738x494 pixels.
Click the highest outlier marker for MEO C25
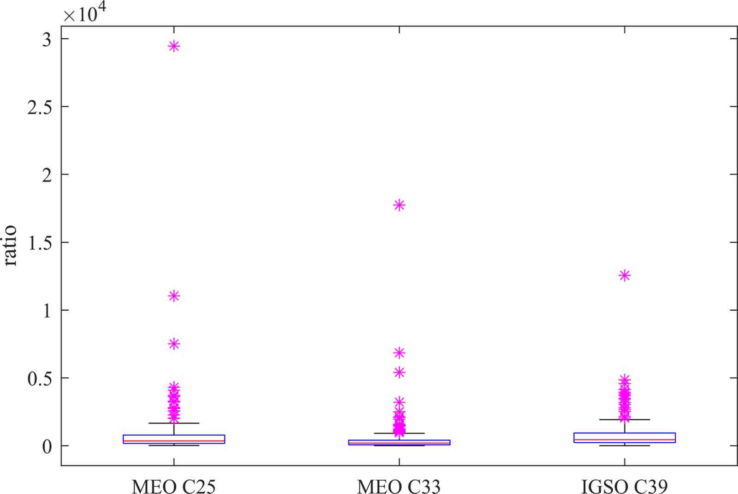coord(174,46)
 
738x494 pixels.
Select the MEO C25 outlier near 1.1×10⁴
coord(174,296)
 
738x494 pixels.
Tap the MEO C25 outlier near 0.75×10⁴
coord(174,344)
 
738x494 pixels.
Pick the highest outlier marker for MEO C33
coord(399,205)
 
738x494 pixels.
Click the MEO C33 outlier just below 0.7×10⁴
coord(399,353)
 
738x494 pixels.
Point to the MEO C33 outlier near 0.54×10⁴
coord(399,372)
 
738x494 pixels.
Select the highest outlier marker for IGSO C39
coord(625,276)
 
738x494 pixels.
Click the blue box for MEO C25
coord(174,439)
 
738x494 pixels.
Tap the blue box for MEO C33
coord(399,442)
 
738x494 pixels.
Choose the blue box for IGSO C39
coord(625,438)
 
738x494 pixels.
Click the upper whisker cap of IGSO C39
coord(625,420)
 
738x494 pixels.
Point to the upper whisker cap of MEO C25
coord(174,423)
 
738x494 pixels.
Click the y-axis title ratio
coord(10,245)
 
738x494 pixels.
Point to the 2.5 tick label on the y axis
coord(40,107)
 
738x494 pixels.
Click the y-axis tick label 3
coord(47,40)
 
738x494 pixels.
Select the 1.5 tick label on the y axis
coord(40,243)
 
